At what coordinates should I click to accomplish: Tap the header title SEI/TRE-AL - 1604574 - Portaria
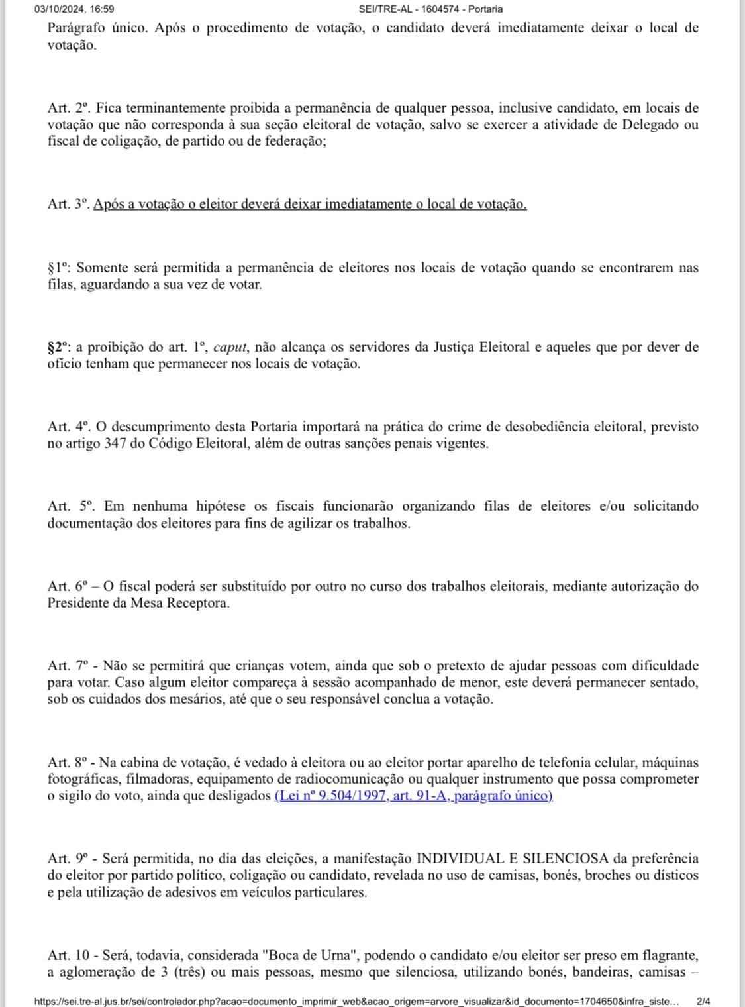point(430,9)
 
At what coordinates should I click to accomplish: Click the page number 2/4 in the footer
point(703,1002)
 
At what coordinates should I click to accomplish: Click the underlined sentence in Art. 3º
point(309,204)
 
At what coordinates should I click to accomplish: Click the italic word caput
point(230,347)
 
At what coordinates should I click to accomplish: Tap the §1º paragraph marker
point(59,268)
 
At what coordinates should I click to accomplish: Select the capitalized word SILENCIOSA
point(565,859)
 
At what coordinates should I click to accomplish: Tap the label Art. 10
point(68,955)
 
